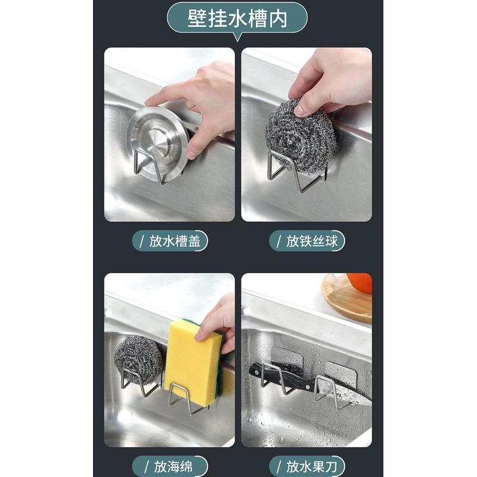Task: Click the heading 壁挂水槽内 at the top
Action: (x=237, y=18)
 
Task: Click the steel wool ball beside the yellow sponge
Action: (x=138, y=359)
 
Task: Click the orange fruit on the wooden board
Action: (x=360, y=283)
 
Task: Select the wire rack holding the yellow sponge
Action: (x=185, y=399)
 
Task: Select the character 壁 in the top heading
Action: (x=197, y=18)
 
